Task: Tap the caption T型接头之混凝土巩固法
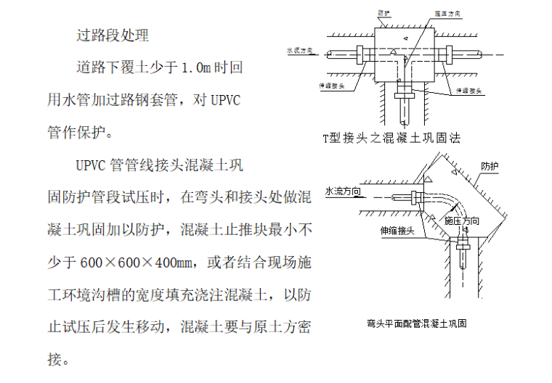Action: [x=392, y=136]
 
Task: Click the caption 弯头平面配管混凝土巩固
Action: [x=416, y=324]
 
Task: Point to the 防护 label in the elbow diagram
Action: [x=490, y=166]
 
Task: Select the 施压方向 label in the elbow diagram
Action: [x=462, y=220]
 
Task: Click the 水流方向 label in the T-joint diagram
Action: [x=300, y=51]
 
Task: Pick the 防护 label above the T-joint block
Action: [x=385, y=14]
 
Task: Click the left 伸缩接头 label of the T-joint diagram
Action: [x=331, y=85]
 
